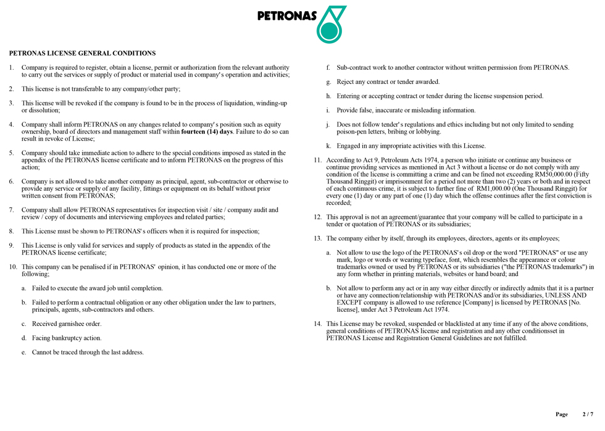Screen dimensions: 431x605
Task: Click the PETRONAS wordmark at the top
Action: point(286,16)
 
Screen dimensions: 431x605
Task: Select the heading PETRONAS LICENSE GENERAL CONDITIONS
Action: point(82,53)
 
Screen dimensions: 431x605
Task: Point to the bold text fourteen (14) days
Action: point(207,132)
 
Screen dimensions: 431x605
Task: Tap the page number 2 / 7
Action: point(588,414)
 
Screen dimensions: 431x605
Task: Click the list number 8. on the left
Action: point(12,231)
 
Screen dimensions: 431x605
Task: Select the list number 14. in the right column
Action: point(318,324)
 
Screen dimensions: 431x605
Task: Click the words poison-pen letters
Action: point(363,132)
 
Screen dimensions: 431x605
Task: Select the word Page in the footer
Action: point(561,414)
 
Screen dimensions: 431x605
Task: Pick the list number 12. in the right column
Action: point(318,217)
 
